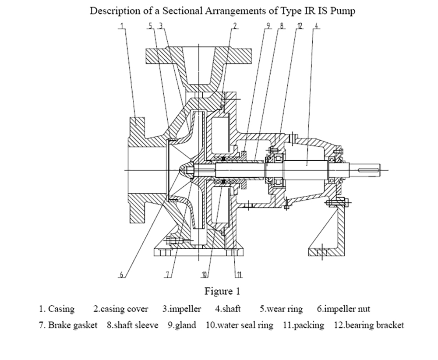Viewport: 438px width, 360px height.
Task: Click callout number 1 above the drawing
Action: coord(122,26)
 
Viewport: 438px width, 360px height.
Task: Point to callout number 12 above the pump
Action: coord(299,26)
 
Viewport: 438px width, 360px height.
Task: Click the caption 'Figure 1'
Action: coord(223,291)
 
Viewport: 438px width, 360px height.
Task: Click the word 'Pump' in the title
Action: coord(343,11)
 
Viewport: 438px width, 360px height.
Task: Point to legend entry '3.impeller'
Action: coord(182,309)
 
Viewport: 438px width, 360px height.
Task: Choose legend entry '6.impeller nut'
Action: coord(343,309)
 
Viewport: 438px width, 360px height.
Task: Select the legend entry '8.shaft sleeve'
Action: coord(132,325)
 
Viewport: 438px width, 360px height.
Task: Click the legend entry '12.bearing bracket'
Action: coord(369,325)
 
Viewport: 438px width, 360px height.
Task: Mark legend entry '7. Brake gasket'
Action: coord(68,325)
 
